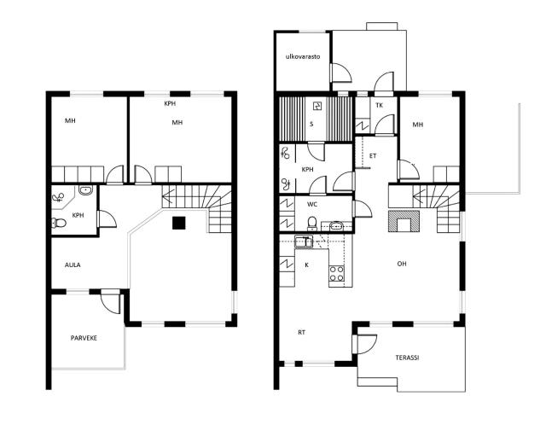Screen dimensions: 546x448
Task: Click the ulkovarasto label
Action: pyautogui.click(x=303, y=56)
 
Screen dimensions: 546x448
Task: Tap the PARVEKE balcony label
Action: pyautogui.click(x=84, y=338)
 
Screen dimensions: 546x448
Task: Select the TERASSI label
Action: pyautogui.click(x=407, y=358)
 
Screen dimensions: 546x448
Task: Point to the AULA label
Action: pyautogui.click(x=73, y=265)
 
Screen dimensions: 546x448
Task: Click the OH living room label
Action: pyautogui.click(x=402, y=264)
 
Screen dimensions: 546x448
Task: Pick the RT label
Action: pyautogui.click(x=301, y=332)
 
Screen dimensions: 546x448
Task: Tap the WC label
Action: pyautogui.click(x=312, y=205)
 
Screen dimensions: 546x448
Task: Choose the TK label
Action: pyautogui.click(x=379, y=105)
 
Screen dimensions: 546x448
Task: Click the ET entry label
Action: pyautogui.click(x=373, y=155)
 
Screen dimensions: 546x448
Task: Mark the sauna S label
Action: pyautogui.click(x=311, y=124)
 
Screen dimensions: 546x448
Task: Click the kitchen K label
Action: pyautogui.click(x=307, y=265)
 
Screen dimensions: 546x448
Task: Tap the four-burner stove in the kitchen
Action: pyautogui.click(x=337, y=273)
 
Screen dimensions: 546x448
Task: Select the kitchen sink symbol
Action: pyautogui.click(x=304, y=241)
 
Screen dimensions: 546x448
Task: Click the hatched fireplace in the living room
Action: pyautogui.click(x=404, y=221)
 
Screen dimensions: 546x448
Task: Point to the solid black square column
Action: pyautogui.click(x=179, y=223)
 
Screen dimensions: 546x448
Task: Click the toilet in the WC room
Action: pyautogui.click(x=312, y=224)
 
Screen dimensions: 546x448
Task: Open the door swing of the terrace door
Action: pyautogui.click(x=365, y=344)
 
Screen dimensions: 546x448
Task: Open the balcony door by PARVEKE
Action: pyautogui.click(x=110, y=301)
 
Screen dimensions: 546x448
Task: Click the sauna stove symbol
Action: pyautogui.click(x=317, y=106)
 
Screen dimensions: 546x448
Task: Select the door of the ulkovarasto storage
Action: pyautogui.click(x=340, y=73)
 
